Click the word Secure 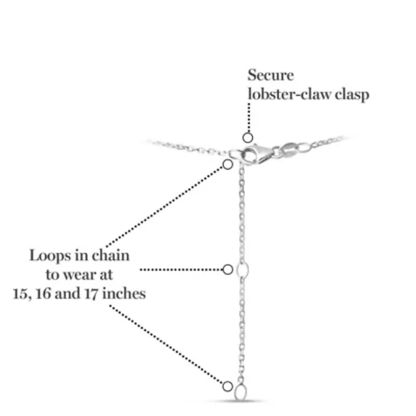(x=270, y=75)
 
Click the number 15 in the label (x=22, y=294)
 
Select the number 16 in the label (x=43, y=294)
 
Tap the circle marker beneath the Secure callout (x=248, y=138)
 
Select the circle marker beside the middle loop (x=227, y=269)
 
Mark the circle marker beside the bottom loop (x=227, y=386)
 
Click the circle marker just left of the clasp (x=227, y=164)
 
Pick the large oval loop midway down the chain (x=242, y=269)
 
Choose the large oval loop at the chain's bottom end (x=241, y=392)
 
